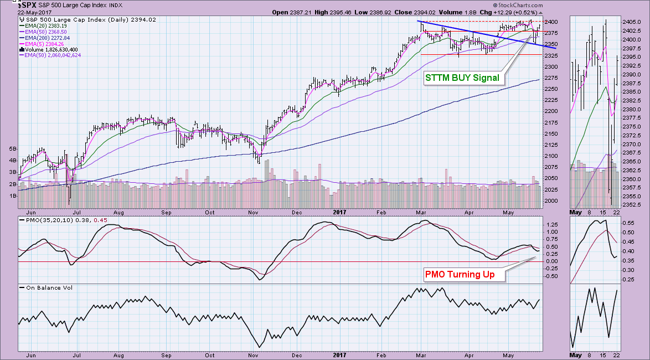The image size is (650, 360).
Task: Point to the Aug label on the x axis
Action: click(120, 212)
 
